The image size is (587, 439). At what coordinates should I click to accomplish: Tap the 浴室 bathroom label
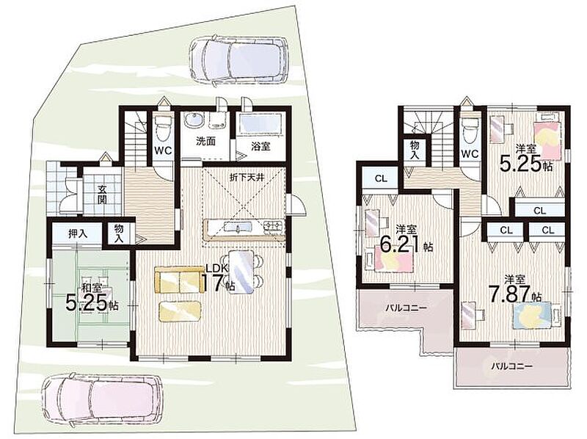pos(260,146)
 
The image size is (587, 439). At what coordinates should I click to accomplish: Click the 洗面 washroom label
pos(206,142)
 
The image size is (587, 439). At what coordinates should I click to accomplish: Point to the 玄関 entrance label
pos(102,194)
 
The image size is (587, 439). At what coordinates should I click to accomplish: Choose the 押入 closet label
pos(78,233)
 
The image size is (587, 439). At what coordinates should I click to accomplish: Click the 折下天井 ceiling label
pos(247,177)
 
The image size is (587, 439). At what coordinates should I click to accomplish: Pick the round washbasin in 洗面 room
pos(194,120)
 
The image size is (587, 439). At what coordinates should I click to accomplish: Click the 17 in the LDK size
pos(214,283)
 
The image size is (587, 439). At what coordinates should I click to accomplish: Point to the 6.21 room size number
pos(401,245)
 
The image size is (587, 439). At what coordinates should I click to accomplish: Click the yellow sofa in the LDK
pos(178,280)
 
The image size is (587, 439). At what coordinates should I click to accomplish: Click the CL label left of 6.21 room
pos(381,179)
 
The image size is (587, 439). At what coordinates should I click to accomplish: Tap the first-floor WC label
pos(163,150)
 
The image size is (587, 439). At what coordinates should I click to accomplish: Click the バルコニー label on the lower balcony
pos(512,366)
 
